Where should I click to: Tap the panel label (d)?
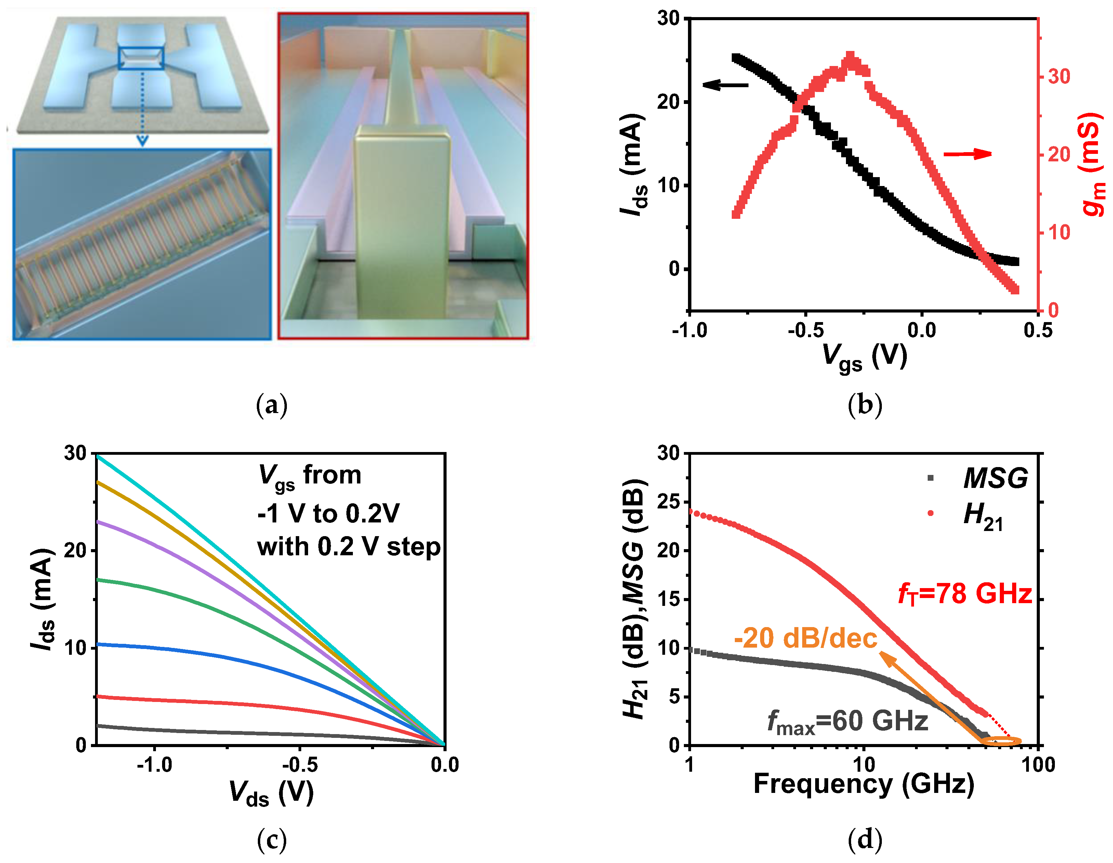click(x=865, y=839)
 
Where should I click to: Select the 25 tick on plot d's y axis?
click(x=668, y=502)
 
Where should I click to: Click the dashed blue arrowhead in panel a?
click(x=143, y=141)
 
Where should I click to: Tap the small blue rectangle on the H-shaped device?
click(x=141, y=57)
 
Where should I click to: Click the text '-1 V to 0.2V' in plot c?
click(x=329, y=513)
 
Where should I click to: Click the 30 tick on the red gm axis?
click(x=1059, y=77)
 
